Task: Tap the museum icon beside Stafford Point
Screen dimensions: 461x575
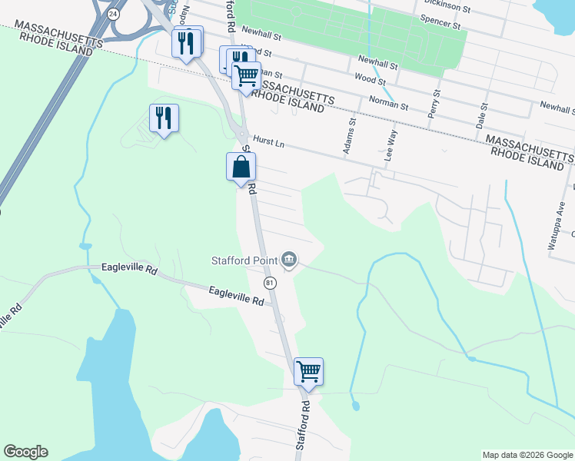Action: click(290, 260)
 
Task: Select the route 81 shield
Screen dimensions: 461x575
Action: click(270, 283)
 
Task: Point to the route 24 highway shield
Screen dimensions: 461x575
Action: click(114, 14)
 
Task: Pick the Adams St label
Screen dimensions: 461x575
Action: click(350, 136)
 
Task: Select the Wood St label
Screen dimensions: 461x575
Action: click(370, 78)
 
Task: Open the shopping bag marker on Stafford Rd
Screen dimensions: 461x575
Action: click(241, 167)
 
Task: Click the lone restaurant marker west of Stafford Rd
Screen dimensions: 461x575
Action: click(163, 118)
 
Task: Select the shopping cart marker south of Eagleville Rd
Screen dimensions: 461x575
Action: click(308, 371)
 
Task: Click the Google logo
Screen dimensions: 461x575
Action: click(25, 452)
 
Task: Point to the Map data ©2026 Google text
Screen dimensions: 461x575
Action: click(527, 455)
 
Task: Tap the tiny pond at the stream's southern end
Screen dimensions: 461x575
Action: click(354, 405)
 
